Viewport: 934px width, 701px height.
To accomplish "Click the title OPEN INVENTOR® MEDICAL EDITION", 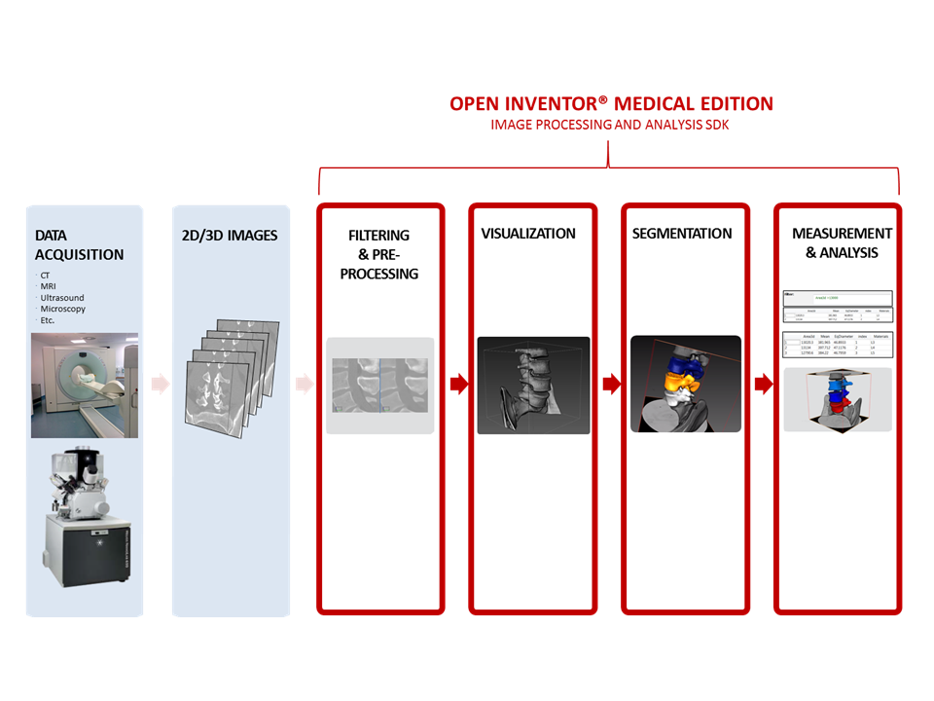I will (611, 103).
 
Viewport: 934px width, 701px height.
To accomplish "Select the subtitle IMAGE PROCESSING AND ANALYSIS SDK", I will (611, 125).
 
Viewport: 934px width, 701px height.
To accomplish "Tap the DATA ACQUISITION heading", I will (79, 244).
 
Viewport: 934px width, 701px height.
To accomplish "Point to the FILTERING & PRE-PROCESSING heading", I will (379, 254).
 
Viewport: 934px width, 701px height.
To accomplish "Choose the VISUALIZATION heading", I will (528, 234).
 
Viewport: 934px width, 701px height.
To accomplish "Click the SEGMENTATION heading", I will (682, 234).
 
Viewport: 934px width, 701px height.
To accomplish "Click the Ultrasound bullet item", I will (63, 297).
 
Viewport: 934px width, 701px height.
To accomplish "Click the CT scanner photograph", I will (85, 385).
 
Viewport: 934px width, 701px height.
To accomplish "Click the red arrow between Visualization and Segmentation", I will (611, 385).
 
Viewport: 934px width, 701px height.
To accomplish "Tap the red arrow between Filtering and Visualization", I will (458, 385).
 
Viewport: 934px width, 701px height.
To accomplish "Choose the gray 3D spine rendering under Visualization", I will (533, 385).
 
